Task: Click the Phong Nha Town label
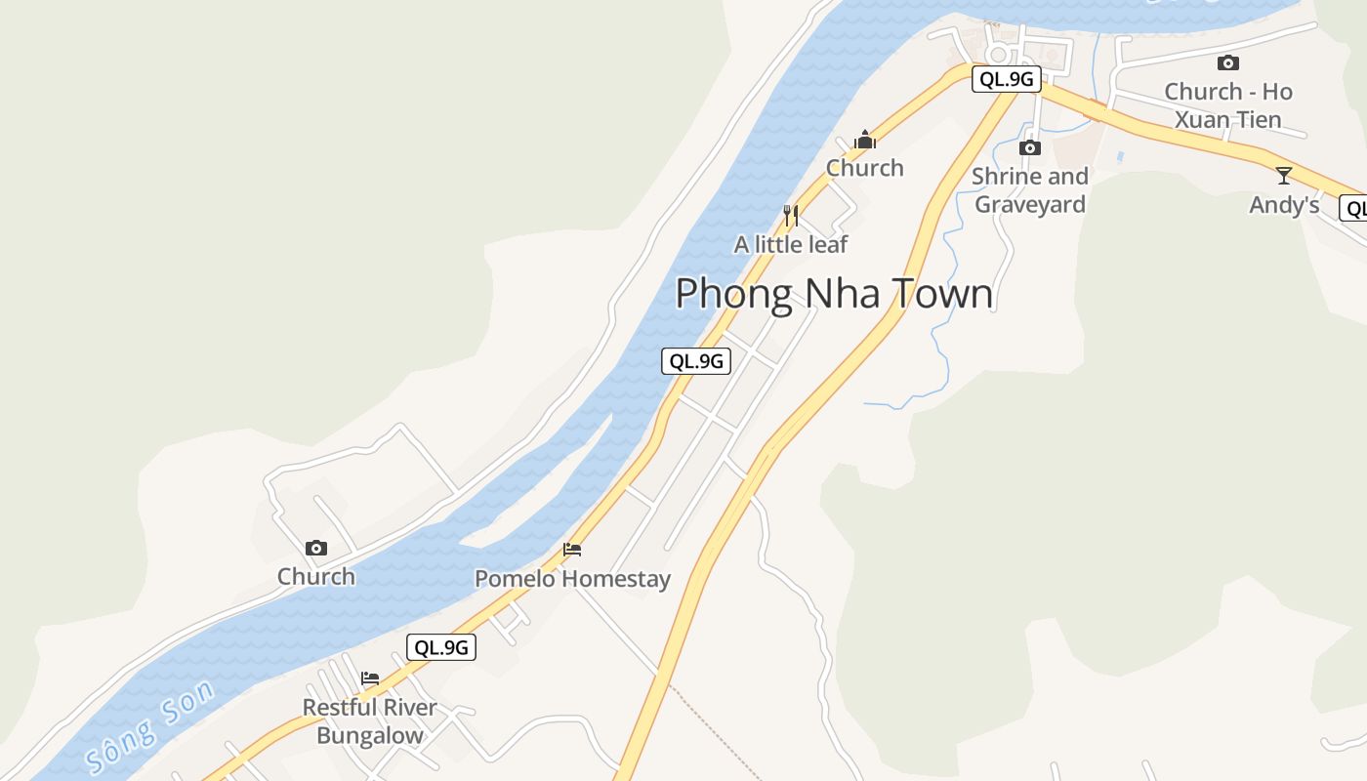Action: coord(834,294)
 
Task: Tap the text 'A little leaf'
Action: coord(791,244)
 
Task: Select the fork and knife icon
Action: coord(791,215)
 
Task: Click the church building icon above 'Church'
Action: coord(864,141)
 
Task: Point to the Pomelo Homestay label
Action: coord(572,579)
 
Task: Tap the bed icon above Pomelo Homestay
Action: coord(572,551)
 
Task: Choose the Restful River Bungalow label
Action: coord(370,721)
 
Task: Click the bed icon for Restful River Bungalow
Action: coord(370,678)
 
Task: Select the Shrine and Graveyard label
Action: coord(1030,190)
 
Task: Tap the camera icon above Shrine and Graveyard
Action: coord(1029,148)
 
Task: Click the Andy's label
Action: coord(1284,205)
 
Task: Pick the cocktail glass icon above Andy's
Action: coord(1284,176)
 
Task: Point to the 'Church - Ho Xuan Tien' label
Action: coord(1228,105)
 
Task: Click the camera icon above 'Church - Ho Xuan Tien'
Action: coord(1228,63)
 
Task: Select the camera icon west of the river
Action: coord(315,549)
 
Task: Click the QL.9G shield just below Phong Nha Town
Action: coord(696,361)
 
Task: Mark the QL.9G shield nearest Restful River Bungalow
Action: coord(441,647)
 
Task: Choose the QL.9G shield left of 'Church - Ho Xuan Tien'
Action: coord(1006,79)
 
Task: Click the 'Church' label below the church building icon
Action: coord(865,168)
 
